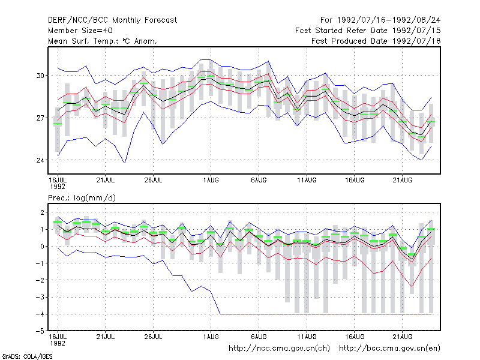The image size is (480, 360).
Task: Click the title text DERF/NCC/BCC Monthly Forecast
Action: click(112, 20)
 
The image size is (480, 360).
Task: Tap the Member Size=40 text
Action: click(80, 31)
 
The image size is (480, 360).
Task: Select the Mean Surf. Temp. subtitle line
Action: click(103, 41)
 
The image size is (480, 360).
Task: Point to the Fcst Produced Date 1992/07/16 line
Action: click(376, 41)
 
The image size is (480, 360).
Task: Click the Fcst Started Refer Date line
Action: click(368, 31)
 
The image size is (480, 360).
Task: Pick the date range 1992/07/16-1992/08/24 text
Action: click(389, 20)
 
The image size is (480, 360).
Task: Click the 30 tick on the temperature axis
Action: click(40, 76)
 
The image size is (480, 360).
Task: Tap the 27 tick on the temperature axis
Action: click(40, 118)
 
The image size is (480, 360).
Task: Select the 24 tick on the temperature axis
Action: click(40, 160)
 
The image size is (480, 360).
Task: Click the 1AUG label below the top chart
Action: click(211, 180)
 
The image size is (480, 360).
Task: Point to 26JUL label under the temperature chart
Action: click(153, 180)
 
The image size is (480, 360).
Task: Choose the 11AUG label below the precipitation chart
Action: click(307, 337)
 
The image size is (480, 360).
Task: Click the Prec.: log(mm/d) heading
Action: click(82, 198)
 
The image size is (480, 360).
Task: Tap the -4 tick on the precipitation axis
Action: click(40, 314)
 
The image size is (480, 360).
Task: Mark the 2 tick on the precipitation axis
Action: click(42, 212)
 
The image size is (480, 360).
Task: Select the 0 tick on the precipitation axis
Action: click(42, 247)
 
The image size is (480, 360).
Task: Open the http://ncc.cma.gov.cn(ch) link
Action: click(279, 349)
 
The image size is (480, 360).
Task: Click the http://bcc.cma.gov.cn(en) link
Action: click(389, 349)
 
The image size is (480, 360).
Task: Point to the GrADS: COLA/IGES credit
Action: click(27, 356)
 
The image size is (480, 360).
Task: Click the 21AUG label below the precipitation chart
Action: click(402, 337)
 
